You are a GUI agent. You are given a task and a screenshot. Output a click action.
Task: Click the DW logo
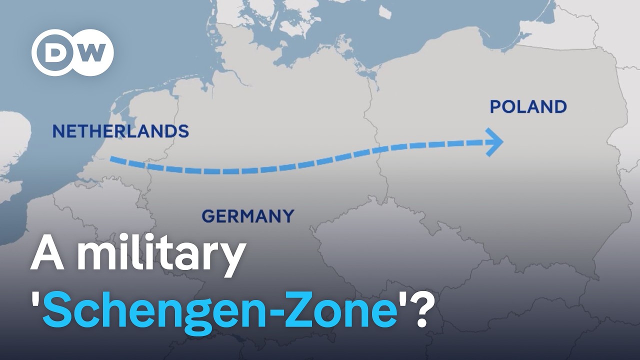72,52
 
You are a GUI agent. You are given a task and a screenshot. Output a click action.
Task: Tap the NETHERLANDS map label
120,131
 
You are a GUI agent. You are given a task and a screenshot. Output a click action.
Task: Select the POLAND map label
528,106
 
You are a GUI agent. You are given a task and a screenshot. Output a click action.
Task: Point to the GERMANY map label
248,216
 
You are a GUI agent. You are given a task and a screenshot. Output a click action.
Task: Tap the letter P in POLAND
495,106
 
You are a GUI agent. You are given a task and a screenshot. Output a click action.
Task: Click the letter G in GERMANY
207,216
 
